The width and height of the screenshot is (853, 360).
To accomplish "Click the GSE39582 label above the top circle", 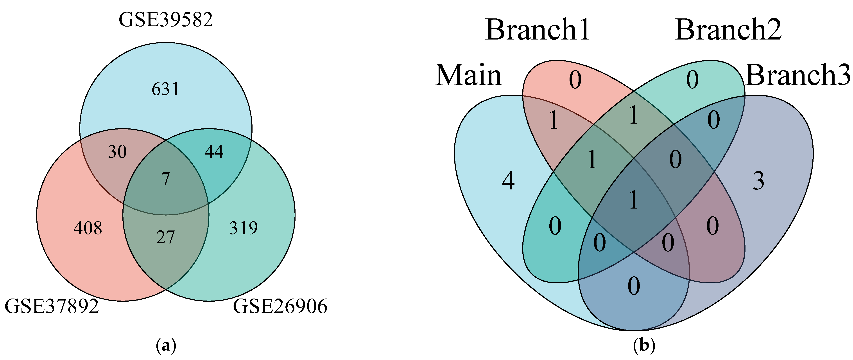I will pyautogui.click(x=166, y=20).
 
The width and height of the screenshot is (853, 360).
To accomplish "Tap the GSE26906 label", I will pyautogui.click(x=280, y=306).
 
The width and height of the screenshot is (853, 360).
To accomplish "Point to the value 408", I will pyautogui.click(x=88, y=228).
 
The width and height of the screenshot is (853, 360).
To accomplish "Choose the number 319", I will pyautogui.click(x=243, y=228).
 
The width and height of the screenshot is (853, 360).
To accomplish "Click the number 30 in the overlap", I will pyautogui.click(x=117, y=152).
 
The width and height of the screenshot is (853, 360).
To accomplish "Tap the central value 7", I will pyautogui.click(x=166, y=179).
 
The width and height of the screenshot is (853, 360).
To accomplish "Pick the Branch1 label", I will pyautogui.click(x=538, y=30).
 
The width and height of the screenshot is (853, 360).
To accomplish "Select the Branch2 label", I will pyautogui.click(x=728, y=30).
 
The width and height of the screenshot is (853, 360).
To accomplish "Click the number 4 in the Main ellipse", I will pyautogui.click(x=508, y=181).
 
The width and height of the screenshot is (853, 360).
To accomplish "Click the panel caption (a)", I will pyautogui.click(x=166, y=346).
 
